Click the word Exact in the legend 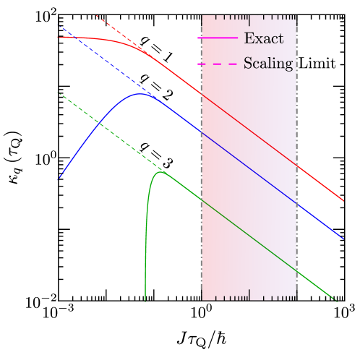tap(263, 38)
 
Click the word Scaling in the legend tap(268, 64)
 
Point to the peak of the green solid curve tap(161, 172)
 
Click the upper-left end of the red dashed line tap(97, 16)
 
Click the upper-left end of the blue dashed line tap(59, 26)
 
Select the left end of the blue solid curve tap(59, 178)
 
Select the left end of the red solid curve tap(59, 37)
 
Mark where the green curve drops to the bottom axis tap(145, 299)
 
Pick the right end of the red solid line tap(343, 200)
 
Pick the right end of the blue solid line tap(343, 238)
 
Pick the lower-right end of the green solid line tap(337, 299)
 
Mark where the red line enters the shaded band tap(201, 92)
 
